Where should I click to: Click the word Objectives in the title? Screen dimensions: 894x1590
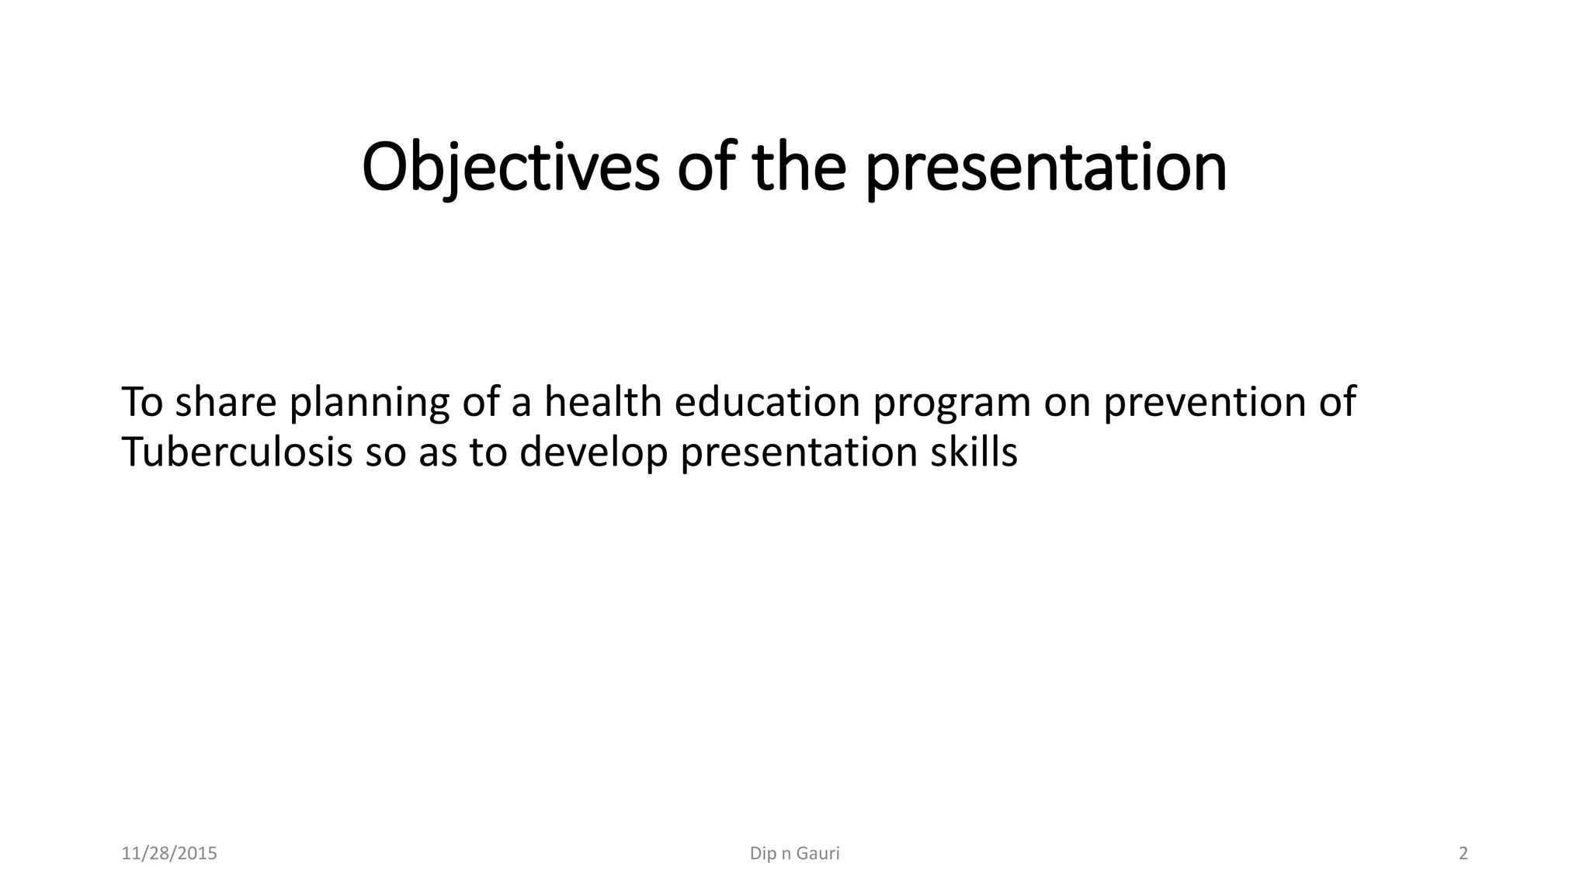click(x=510, y=167)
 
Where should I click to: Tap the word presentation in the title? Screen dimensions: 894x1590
click(x=1045, y=167)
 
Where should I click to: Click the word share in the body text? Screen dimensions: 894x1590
click(x=225, y=402)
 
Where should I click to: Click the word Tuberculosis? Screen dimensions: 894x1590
click(x=237, y=452)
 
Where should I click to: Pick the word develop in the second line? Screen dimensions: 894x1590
click(x=593, y=453)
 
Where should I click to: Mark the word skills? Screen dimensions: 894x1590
click(x=974, y=452)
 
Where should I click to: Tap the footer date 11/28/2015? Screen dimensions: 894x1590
click(x=169, y=854)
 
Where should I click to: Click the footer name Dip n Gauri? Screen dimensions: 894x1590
click(x=794, y=854)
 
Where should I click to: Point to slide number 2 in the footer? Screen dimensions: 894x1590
click(x=1463, y=854)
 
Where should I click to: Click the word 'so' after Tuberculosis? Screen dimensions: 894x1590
click(x=385, y=453)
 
